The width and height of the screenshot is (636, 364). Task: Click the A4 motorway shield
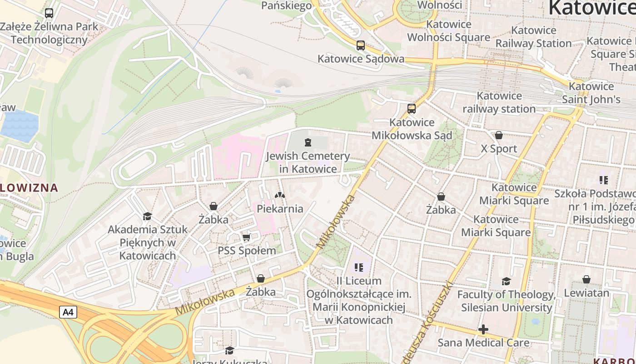[68, 312]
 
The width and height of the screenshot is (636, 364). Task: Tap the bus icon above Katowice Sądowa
[360, 45]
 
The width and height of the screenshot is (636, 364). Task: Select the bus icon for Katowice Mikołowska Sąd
[412, 109]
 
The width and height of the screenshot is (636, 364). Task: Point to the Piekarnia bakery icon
[279, 195]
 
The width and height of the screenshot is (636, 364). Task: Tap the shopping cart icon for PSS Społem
[246, 237]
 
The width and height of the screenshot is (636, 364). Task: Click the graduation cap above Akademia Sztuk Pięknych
[147, 216]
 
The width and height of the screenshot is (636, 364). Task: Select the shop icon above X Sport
[498, 135]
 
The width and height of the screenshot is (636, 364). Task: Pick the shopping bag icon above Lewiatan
[586, 279]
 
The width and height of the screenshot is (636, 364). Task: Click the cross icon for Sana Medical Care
[483, 329]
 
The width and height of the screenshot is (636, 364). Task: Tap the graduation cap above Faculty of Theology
[506, 281]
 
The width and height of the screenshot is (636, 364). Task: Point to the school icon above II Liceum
[359, 267]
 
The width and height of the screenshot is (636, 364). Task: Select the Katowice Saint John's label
[591, 93]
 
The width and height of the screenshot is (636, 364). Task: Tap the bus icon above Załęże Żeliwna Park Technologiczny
[49, 13]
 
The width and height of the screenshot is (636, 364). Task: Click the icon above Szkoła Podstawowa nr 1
[603, 180]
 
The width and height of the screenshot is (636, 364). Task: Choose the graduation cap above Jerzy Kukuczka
[229, 350]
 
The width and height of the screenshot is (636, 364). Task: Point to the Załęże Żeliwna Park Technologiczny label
[49, 33]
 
